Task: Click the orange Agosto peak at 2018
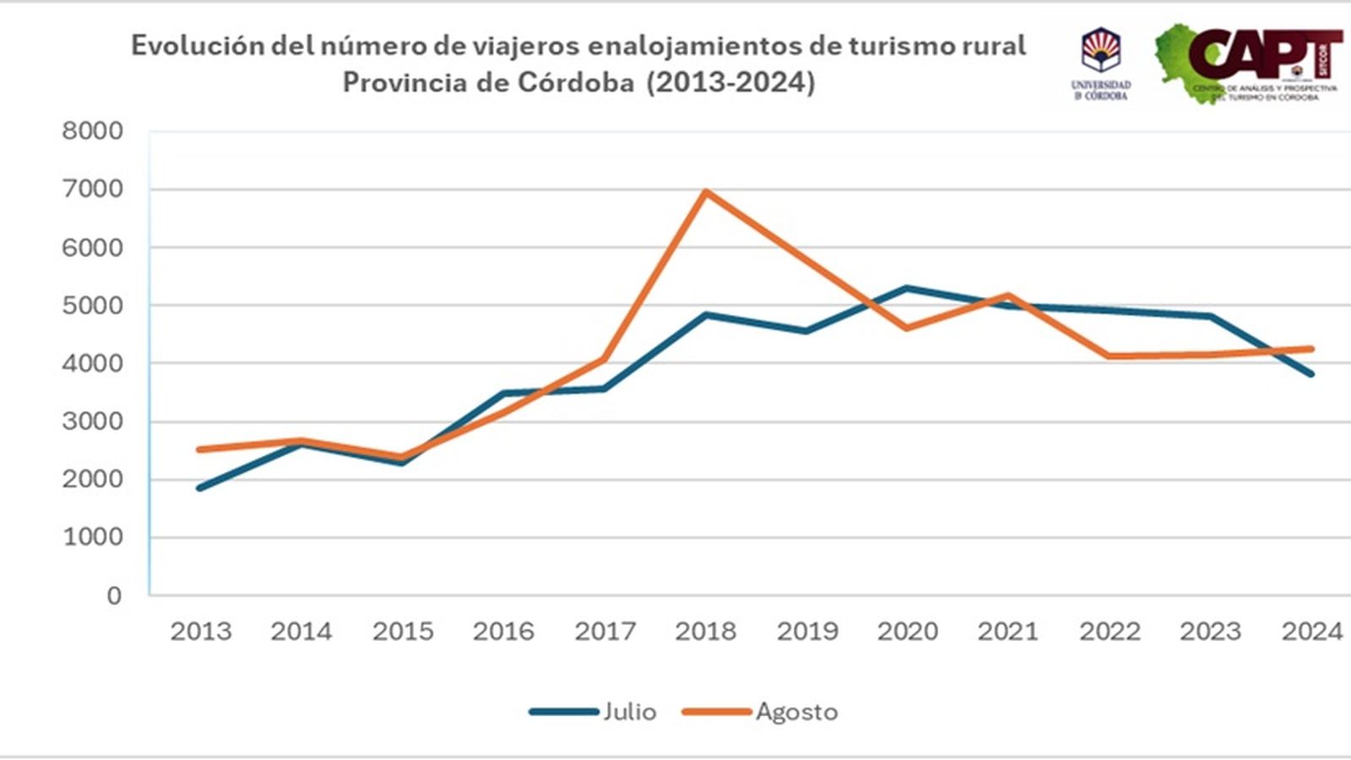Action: pyautogui.click(x=706, y=192)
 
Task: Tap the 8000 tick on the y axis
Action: pyautogui.click(x=92, y=131)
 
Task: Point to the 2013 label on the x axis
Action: pyautogui.click(x=200, y=631)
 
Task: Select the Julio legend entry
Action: pyautogui.click(x=594, y=712)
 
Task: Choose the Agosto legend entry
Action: pyautogui.click(x=760, y=712)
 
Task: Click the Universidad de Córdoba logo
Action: pyautogui.click(x=1101, y=63)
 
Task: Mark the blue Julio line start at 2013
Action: pyautogui.click(x=200, y=488)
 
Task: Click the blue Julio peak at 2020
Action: pyautogui.click(x=907, y=289)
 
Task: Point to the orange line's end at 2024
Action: pyautogui.click(x=1311, y=349)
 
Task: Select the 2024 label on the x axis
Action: pyautogui.click(x=1311, y=631)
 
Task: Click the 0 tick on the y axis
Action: pyautogui.click(x=114, y=595)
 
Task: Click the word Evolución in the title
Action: pyautogui.click(x=198, y=45)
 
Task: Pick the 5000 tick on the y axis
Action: pyautogui.click(x=92, y=305)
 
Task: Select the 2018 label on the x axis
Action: pyautogui.click(x=705, y=631)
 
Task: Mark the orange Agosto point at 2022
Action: pyautogui.click(x=1110, y=356)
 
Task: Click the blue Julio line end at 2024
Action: pyautogui.click(x=1311, y=373)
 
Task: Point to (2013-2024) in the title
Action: pyautogui.click(x=731, y=83)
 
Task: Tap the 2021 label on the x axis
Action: pyautogui.click(x=1008, y=631)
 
